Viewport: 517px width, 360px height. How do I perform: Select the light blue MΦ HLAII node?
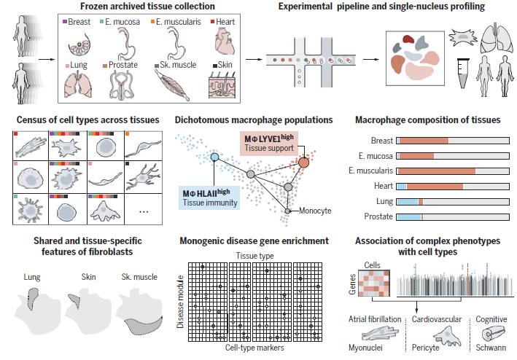tap(214, 157)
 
